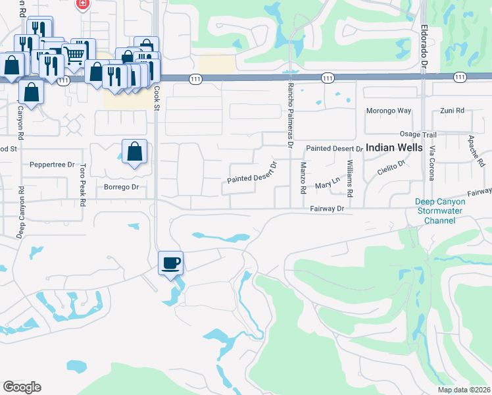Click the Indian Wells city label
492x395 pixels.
point(394,148)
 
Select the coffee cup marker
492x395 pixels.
point(171,264)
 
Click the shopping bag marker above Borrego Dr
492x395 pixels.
point(134,152)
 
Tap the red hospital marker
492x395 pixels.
point(83,4)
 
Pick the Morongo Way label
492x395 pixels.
point(388,111)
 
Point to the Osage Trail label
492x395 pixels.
point(418,134)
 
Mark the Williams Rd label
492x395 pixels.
point(350,175)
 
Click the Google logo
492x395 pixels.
point(22,386)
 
